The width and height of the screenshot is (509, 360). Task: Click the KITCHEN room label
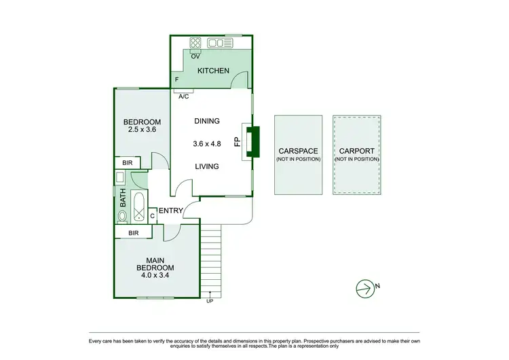point(213,71)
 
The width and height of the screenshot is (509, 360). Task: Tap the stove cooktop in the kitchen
point(195,43)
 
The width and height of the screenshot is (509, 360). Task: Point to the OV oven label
point(195,56)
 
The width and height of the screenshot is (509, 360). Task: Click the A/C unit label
point(183,96)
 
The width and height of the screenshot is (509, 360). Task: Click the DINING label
point(207,121)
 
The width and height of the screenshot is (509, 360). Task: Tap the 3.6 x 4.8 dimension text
point(207,143)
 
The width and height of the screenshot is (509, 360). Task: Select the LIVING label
point(207,166)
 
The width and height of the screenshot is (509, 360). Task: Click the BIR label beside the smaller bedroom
point(127,163)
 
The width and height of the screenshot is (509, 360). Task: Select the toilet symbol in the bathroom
point(123,216)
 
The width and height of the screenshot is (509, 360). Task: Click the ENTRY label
point(170,211)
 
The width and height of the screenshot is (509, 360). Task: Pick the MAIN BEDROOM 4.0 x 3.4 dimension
point(155,275)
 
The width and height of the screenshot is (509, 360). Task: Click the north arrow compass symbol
point(366,288)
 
